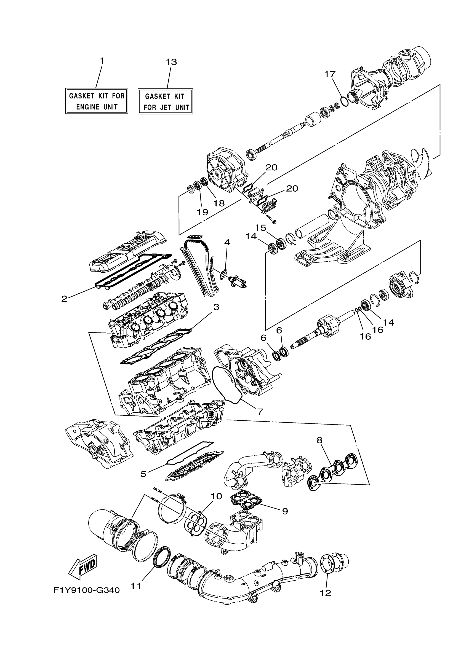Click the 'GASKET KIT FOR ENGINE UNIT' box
(97, 101)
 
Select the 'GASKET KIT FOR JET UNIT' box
(165, 101)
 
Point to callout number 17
(330, 74)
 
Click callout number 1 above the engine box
(102, 61)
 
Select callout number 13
(171, 62)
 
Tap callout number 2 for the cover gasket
(65, 299)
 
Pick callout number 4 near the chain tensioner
(227, 242)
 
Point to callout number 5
(143, 474)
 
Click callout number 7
(260, 412)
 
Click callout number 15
(261, 228)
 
